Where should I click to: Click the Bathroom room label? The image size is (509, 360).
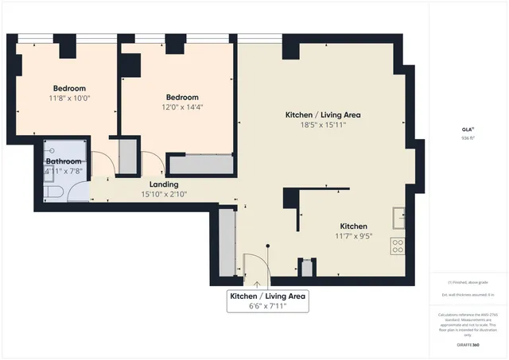click(64, 161)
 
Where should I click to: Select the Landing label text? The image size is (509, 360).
click(165, 184)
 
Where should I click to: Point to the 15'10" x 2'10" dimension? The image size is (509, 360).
click(165, 194)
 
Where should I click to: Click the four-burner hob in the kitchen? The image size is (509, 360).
click(398, 246)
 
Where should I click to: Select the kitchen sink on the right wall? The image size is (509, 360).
click(398, 216)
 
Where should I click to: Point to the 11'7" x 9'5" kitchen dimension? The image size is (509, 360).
click(354, 236)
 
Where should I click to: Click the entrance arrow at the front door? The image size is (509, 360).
click(257, 281)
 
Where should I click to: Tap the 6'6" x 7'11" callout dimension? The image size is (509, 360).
click(267, 306)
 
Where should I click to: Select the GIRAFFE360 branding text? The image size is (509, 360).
click(469, 345)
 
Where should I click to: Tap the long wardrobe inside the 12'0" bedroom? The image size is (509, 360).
click(200, 165)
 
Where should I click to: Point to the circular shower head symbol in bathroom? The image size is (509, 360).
click(50, 151)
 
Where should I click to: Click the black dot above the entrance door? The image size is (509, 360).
click(270, 246)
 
